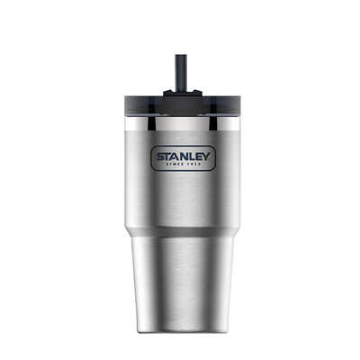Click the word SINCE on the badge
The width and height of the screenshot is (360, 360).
[174, 164]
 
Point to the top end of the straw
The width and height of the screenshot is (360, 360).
[181, 55]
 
